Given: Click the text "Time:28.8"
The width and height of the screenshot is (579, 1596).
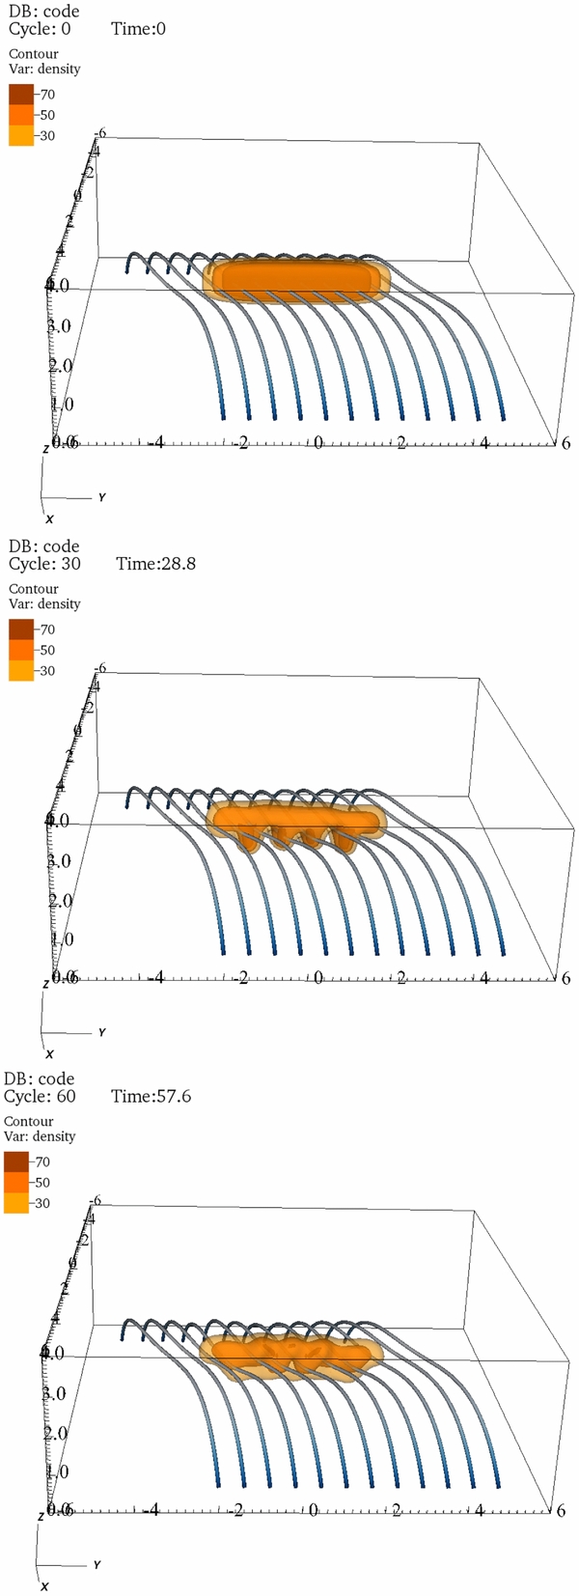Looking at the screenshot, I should click(x=155, y=563).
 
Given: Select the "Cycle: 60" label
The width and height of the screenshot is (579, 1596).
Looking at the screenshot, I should click(x=40, y=1096).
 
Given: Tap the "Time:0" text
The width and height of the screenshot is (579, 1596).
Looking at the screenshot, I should click(x=138, y=29).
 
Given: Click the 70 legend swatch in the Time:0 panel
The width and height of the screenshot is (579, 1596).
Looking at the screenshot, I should click(x=21, y=94).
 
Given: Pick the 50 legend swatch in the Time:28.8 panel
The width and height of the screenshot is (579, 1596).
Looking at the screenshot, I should click(x=21, y=650).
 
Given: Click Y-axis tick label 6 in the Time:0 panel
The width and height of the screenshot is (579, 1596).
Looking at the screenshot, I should click(x=565, y=441).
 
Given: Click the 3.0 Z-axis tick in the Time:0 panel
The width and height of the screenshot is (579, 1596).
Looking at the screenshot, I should click(x=59, y=325).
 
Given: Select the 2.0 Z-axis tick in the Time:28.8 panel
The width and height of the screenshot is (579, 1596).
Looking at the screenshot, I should click(x=59, y=900).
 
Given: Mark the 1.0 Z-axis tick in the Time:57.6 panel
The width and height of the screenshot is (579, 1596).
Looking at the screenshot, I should click(x=57, y=1471).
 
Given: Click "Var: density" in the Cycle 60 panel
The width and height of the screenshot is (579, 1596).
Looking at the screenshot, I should click(x=40, y=1136).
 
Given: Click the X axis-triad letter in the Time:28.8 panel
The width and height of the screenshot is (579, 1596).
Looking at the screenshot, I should click(x=49, y=1053).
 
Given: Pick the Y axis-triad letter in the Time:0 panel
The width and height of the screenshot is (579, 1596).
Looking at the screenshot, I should click(x=101, y=497).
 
